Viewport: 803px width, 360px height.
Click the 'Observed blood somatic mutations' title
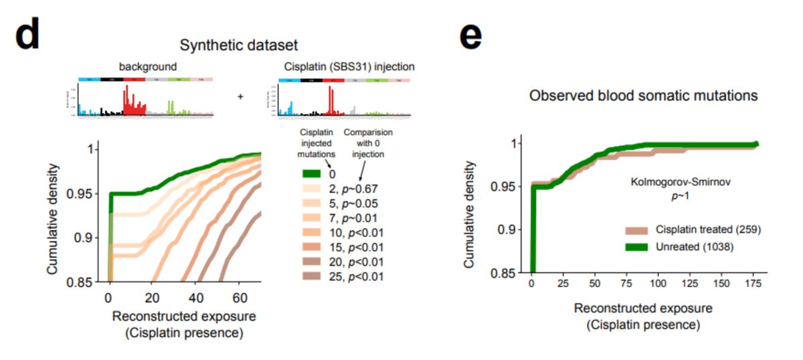(643, 96)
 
